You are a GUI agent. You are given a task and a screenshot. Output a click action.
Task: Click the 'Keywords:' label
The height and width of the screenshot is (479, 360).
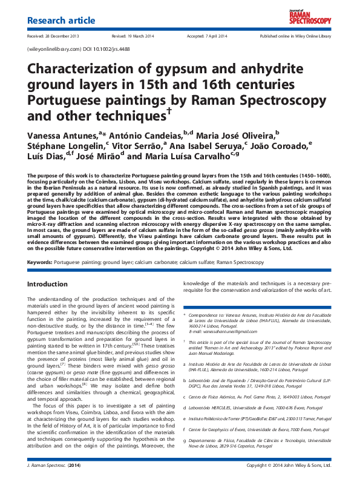pyautogui.click(x=41, y=262)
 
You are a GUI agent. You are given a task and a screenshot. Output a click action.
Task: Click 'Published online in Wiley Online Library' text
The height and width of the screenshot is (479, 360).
pyautogui.click(x=295, y=36)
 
